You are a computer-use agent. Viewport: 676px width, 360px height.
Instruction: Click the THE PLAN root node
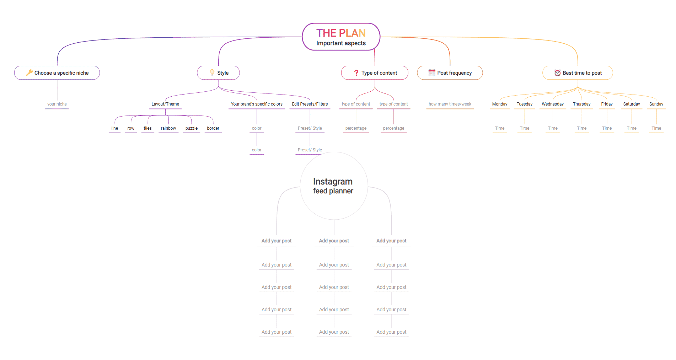coord(341,37)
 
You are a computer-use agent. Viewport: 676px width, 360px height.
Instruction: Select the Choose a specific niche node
coord(57,73)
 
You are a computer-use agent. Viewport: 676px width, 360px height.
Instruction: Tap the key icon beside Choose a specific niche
coord(29,72)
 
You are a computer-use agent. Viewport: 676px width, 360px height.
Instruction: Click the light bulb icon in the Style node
coord(212,72)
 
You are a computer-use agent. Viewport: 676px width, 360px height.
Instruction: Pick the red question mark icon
coord(356,72)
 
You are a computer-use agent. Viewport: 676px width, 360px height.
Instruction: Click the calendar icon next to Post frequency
coord(432,72)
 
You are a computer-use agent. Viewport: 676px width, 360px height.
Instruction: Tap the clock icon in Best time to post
coord(557,73)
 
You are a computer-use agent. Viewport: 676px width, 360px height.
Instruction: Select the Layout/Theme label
coord(165,104)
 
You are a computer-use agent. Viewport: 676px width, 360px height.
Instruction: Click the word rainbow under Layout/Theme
coord(168,128)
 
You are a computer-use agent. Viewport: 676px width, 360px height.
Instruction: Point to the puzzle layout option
coord(192,128)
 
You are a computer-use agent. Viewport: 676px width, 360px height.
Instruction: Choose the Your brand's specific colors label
coord(257,104)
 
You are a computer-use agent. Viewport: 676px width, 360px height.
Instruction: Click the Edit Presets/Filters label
coord(310,104)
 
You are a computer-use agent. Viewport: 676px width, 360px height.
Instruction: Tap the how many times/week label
coord(450,104)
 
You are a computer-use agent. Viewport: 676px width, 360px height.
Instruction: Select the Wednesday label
coord(553,104)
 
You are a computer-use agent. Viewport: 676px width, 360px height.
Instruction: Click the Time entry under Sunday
coord(656,128)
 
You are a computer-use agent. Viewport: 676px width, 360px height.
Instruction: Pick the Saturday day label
coord(632,104)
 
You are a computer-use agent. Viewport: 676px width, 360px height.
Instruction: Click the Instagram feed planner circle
coord(334,186)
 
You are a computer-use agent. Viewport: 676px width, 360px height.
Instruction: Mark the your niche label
coord(57,104)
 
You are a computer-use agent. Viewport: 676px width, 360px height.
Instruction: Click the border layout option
coord(213,128)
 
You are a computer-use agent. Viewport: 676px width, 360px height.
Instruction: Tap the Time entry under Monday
coord(500,128)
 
